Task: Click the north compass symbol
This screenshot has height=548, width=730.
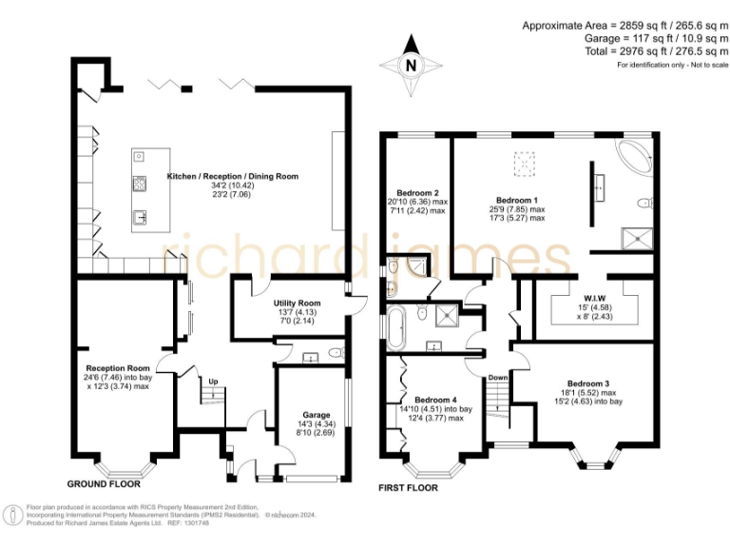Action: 411,64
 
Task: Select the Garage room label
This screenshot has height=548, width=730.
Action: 317,415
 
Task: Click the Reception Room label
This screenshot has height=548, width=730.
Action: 118,368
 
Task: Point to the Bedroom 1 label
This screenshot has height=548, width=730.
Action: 517,200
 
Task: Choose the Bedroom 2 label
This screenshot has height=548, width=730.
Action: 417,192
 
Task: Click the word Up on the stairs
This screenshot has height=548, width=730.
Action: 213,382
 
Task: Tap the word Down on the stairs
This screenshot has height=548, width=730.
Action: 498,377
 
